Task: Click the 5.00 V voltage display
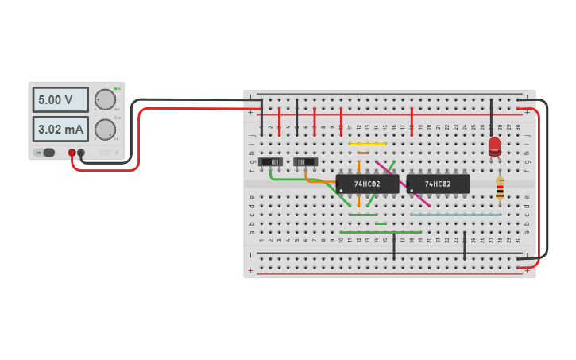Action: (60, 100)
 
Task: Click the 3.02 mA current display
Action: (60, 129)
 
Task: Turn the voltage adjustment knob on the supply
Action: (104, 99)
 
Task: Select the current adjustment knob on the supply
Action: (104, 130)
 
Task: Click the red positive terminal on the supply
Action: (72, 153)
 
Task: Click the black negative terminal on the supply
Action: (81, 153)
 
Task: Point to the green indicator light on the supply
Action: (115, 88)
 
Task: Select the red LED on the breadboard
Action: (494, 145)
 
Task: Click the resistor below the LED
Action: (500, 188)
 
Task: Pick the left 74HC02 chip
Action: (367, 184)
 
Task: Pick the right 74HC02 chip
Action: (438, 184)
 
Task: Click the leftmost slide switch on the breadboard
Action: (272, 162)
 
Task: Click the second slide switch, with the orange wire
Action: (306, 162)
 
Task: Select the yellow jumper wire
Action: (367, 144)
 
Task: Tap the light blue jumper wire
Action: (455, 215)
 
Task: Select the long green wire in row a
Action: (380, 232)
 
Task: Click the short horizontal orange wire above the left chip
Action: (363, 153)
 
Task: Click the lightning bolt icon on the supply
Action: (115, 152)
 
